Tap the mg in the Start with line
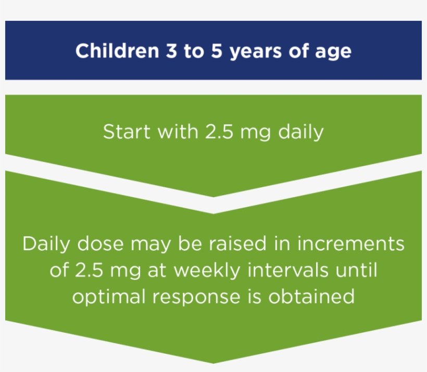point(255,133)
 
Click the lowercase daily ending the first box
point(300,132)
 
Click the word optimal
point(107,297)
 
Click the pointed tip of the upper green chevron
point(213,197)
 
